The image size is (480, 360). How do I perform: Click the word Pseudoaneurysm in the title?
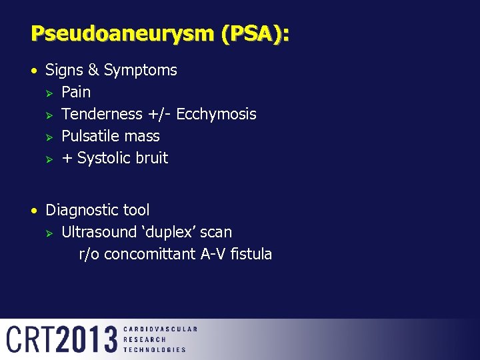111,33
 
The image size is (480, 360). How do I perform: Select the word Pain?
76,92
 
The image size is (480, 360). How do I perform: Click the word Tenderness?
102,114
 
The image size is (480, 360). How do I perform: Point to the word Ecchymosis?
216,114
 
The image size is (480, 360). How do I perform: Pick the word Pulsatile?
90,136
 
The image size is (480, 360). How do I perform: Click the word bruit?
152,158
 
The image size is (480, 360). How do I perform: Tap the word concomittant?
150,254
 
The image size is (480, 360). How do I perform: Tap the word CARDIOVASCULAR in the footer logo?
160,329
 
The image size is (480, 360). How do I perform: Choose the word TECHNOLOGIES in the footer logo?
155,349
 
